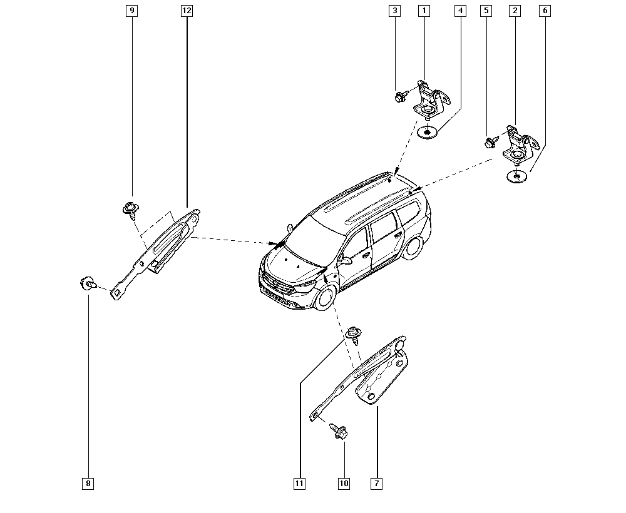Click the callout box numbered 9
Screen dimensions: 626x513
tap(131, 11)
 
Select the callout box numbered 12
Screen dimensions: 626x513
tap(187, 11)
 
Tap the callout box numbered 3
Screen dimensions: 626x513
tap(394, 11)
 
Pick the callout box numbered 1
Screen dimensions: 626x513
tap(424, 11)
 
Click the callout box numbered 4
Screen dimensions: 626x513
tap(460, 11)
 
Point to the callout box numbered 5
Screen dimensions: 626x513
tap(486, 11)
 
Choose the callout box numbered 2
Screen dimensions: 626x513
tap(515, 11)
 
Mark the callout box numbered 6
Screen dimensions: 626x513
tap(545, 11)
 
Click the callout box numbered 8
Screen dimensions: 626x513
tap(88, 484)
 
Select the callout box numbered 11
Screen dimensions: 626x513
tap(299, 484)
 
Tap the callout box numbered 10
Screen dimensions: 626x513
tap(344, 484)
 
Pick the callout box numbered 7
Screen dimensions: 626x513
tap(376, 484)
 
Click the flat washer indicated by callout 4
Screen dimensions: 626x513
tap(427, 132)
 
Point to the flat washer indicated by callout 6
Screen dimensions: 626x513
tap(516, 176)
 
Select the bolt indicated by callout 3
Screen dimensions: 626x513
tap(401, 96)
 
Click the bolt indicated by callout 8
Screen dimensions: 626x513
tap(88, 283)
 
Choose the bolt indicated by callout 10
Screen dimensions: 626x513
tap(339, 431)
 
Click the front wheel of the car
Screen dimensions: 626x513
tap(326, 298)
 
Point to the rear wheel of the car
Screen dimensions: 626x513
tap(414, 247)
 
